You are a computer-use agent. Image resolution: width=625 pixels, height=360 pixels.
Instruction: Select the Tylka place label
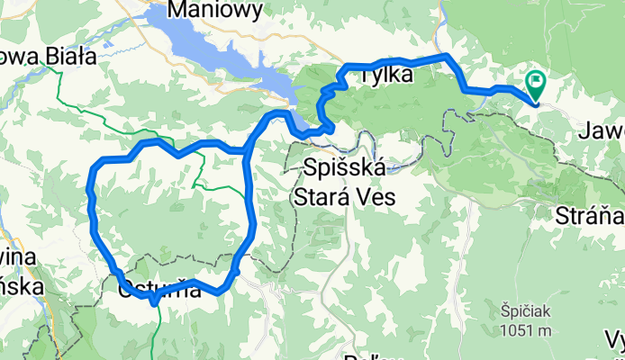point(385,76)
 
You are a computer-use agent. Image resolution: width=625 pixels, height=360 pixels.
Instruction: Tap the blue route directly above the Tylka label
point(387,61)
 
